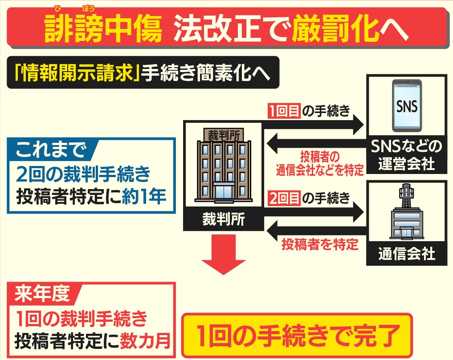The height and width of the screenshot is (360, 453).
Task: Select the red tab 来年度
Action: click(x=42, y=293)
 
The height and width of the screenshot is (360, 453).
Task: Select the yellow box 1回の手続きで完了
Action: click(x=296, y=334)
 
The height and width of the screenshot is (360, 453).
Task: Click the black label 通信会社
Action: click(x=407, y=255)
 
